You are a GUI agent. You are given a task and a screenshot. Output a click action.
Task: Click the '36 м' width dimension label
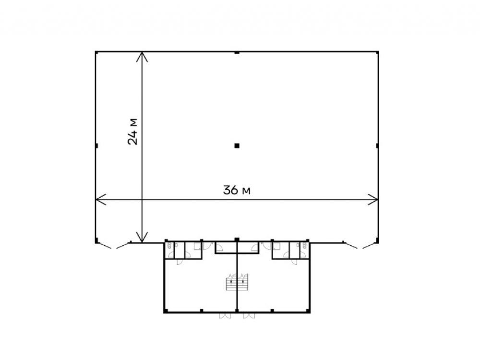click(237, 191)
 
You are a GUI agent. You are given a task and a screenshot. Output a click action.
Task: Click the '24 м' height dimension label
click(133, 132)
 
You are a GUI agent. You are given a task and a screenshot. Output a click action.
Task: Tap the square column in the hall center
click(237, 146)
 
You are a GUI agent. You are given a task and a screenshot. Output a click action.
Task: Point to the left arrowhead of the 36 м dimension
click(100, 200)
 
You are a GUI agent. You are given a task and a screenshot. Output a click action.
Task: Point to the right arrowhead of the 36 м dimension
click(373, 200)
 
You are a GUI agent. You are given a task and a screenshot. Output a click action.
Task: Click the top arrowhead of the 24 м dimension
click(142, 57)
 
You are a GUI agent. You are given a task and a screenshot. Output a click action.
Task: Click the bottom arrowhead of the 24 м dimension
click(142, 237)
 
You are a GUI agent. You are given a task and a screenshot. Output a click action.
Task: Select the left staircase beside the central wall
click(231, 282)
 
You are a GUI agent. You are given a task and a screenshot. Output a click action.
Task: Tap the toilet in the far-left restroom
click(169, 245)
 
